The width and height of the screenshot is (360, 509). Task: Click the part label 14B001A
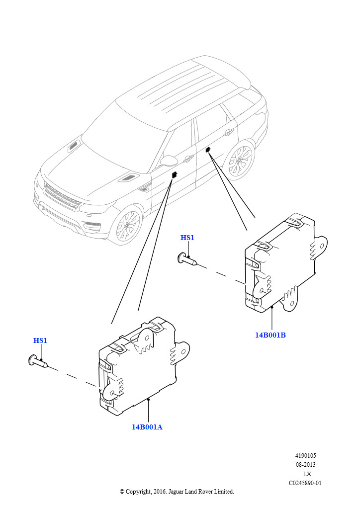pos(147,427)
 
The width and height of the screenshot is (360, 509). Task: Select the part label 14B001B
pos(270,335)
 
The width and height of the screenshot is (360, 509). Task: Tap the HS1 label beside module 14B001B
pos(187,238)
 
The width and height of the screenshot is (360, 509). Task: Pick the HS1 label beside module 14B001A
pos(40,340)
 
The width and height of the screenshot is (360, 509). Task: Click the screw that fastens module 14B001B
pos(187,259)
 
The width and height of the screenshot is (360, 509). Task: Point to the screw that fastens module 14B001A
pos(38,361)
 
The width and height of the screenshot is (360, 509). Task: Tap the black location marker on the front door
pos(175,174)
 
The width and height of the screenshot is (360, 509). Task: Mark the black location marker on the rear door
pos(208,149)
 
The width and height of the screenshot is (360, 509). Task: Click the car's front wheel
pos(128,226)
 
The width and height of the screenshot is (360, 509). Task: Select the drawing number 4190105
pos(305,456)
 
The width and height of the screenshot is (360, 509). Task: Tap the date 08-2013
pos(305,465)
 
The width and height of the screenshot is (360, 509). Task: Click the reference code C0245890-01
pos(305,483)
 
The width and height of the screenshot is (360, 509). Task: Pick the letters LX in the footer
pos(307,474)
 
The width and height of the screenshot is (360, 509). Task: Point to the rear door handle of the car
pos(229,132)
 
